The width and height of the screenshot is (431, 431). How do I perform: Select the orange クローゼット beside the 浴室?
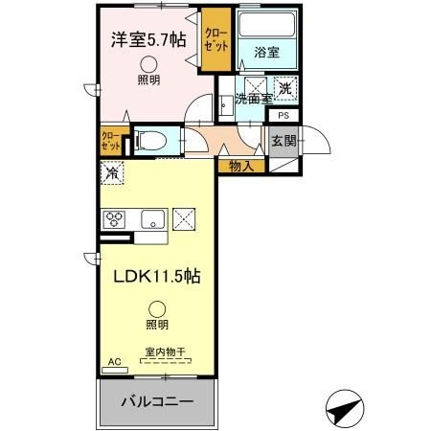pos(216,40)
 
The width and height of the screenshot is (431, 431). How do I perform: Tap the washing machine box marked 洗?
pos(284,89)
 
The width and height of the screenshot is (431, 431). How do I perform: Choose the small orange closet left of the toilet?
pos(111,141)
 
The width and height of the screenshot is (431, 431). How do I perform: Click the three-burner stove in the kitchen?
pos(115,217)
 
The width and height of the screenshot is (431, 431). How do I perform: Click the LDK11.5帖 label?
pos(158,276)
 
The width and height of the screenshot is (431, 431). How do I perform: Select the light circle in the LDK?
pos(155,307)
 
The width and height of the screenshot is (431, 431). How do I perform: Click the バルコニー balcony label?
pos(156,399)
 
